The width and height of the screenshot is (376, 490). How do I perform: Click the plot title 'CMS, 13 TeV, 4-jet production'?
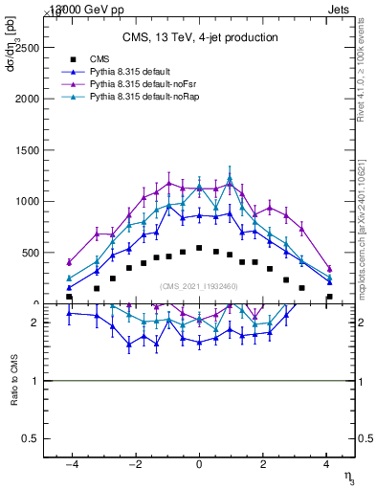[200, 38]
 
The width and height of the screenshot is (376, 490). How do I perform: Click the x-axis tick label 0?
[199, 464]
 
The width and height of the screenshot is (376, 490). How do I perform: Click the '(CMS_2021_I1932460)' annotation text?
[199, 285]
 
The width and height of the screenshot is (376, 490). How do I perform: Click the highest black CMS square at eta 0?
[199, 248]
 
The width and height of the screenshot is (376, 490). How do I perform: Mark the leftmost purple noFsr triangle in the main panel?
[69, 262]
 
